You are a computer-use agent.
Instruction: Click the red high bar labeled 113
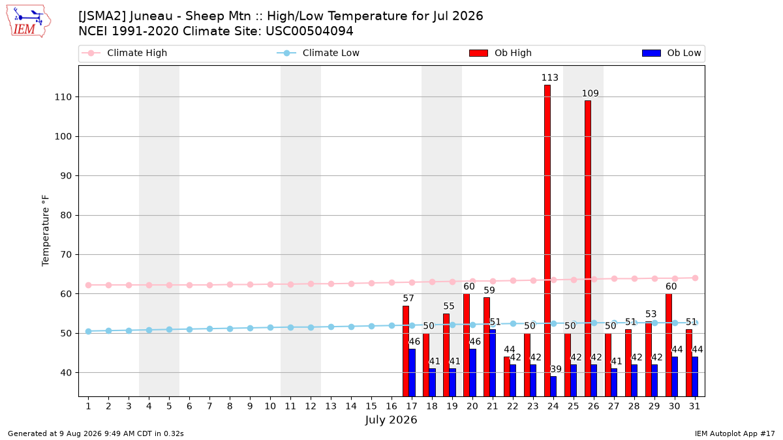tap(547, 241)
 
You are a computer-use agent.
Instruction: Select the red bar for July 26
tap(588, 248)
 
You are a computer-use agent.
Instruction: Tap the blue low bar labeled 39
tap(553, 386)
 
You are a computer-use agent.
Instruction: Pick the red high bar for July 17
tap(406, 351)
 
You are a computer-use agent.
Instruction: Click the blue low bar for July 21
tap(493, 363)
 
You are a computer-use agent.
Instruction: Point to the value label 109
tap(591, 93)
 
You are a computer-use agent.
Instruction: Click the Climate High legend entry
tap(124, 53)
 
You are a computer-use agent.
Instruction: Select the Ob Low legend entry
tap(671, 53)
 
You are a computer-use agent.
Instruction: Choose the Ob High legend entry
tap(500, 53)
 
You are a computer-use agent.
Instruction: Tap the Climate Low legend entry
tap(318, 53)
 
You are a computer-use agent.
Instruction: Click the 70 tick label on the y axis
tap(66, 255)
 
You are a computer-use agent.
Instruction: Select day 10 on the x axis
tap(270, 407)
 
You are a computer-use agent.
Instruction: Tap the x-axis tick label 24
tap(553, 407)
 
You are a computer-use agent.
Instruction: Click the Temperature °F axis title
tap(46, 231)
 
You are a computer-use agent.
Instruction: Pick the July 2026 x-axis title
tap(391, 420)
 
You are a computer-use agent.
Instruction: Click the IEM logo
tap(29, 22)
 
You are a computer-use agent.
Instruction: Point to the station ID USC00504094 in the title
tap(309, 31)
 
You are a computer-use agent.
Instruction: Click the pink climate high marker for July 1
tap(89, 286)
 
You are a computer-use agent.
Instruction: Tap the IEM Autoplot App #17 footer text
tap(735, 433)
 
